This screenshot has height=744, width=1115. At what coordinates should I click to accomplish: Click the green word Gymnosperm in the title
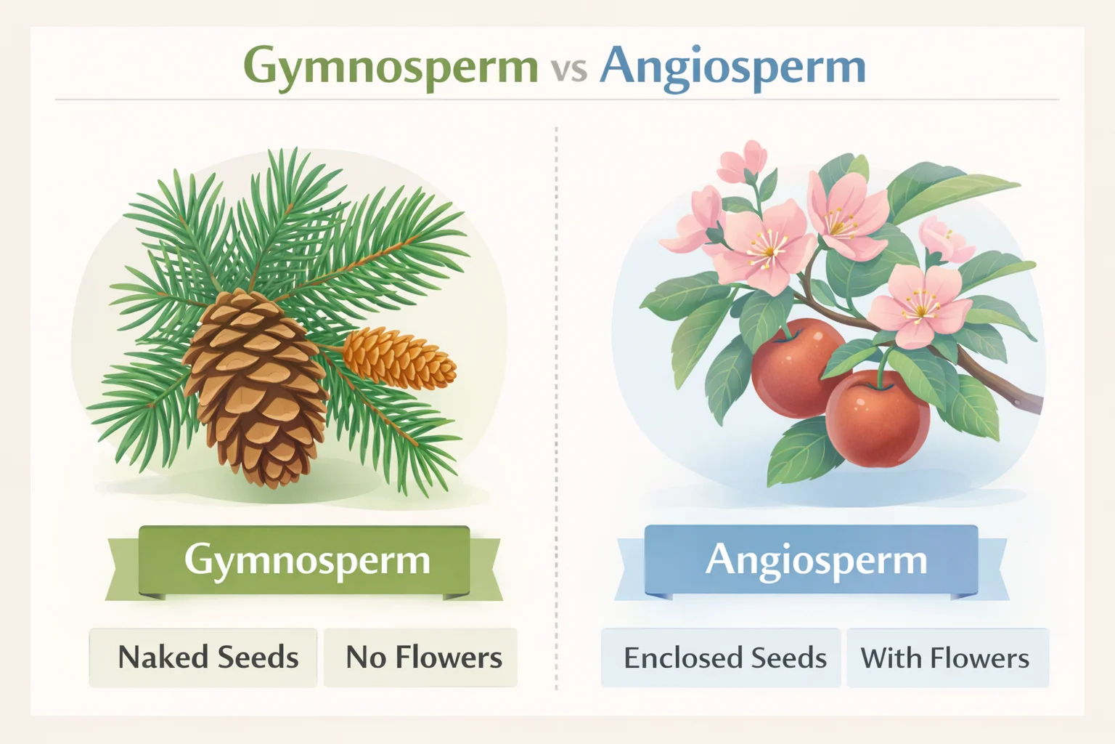pyautogui.click(x=391, y=67)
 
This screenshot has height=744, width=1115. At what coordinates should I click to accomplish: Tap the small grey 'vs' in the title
pyautogui.click(x=568, y=70)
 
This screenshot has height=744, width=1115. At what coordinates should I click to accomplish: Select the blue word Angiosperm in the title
pyautogui.click(x=732, y=67)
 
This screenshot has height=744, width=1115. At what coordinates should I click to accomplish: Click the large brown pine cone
pyautogui.click(x=256, y=385)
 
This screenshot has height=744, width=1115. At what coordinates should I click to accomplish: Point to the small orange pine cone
pyautogui.click(x=399, y=357)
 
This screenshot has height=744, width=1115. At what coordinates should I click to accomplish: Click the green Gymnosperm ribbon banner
pyautogui.click(x=305, y=561)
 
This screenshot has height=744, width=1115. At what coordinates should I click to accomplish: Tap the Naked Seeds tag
pyautogui.click(x=203, y=658)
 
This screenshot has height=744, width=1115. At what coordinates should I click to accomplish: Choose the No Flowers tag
pyautogui.click(x=421, y=658)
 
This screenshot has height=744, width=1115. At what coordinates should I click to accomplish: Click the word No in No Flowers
pyautogui.click(x=365, y=658)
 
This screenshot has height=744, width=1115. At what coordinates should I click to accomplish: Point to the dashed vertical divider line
pyautogui.click(x=556, y=407)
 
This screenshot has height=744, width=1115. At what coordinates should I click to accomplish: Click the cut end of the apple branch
pyautogui.click(x=1034, y=402)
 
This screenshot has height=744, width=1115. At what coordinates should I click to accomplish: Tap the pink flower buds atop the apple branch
pyautogui.click(x=742, y=161)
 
